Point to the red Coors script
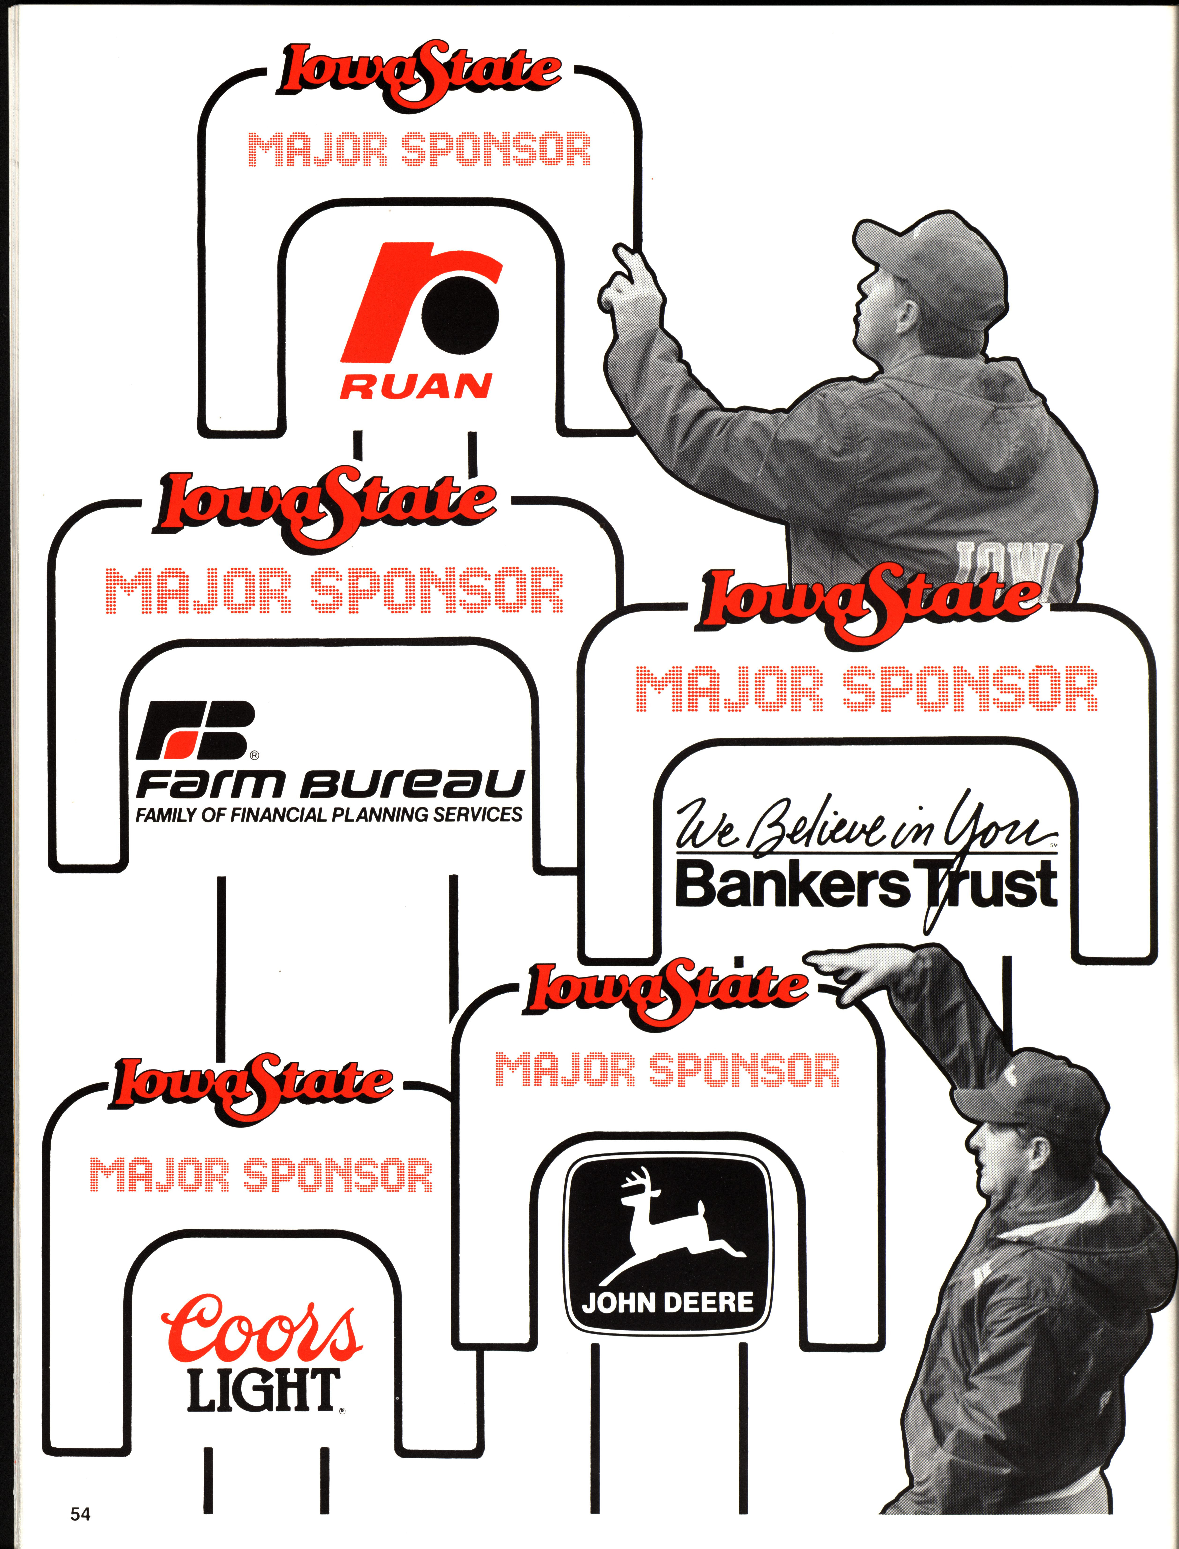[x=261, y=1325]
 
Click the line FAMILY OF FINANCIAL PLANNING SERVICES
[x=328, y=815]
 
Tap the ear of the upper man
[x=905, y=316]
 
